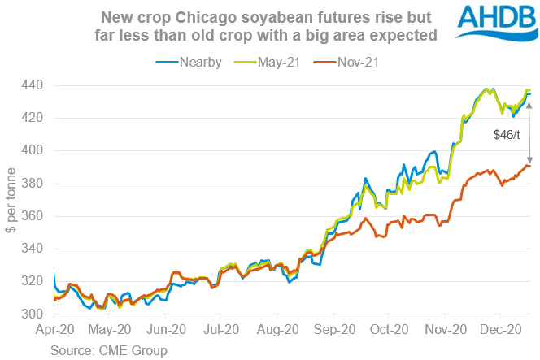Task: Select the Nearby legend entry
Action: (190, 63)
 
